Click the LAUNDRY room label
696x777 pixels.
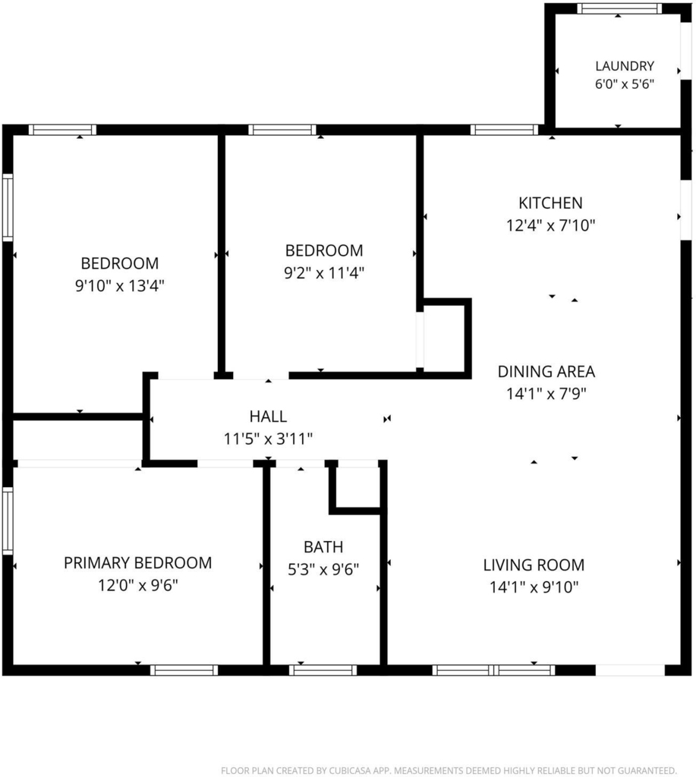[x=625, y=66]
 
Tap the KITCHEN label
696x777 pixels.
[x=550, y=203]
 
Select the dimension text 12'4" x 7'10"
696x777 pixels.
[x=550, y=226]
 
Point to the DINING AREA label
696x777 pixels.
[x=546, y=372]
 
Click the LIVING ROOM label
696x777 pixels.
[x=534, y=565]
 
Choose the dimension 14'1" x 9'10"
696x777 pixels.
[x=534, y=587]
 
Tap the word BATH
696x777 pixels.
[x=323, y=547]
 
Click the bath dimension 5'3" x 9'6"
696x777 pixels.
[x=323, y=570]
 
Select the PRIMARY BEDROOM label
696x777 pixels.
[x=138, y=563]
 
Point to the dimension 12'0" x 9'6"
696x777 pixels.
[x=138, y=586]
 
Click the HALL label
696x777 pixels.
[x=268, y=417]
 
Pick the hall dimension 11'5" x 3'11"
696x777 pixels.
[x=268, y=439]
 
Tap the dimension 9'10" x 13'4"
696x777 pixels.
[x=119, y=286]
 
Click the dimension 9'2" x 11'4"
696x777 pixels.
[x=324, y=273]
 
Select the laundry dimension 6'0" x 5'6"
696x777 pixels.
[x=625, y=84]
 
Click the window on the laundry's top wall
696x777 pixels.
[x=619, y=8]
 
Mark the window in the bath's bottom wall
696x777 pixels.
[x=323, y=671]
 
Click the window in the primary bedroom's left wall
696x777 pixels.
[x=8, y=521]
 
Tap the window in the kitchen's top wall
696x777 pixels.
[x=504, y=131]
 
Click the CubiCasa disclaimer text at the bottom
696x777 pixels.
[x=449, y=771]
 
